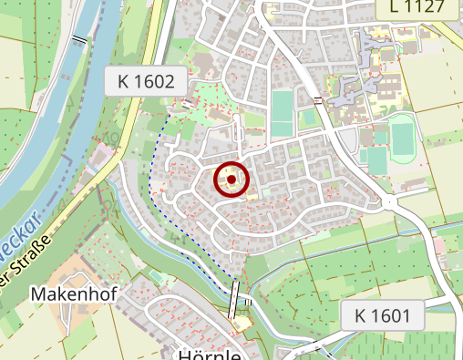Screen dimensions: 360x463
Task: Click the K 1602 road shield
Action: (146, 81)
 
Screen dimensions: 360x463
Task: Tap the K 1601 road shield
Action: (383, 316)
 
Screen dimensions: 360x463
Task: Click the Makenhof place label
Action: (67, 294)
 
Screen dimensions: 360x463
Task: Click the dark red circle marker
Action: (231, 180)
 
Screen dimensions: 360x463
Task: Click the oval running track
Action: (402, 139)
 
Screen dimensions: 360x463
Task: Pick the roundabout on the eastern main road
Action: (392, 202)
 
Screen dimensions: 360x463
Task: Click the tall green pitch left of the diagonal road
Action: (282, 114)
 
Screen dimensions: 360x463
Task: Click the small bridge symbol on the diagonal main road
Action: (317, 98)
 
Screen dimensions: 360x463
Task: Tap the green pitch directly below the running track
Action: (376, 160)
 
